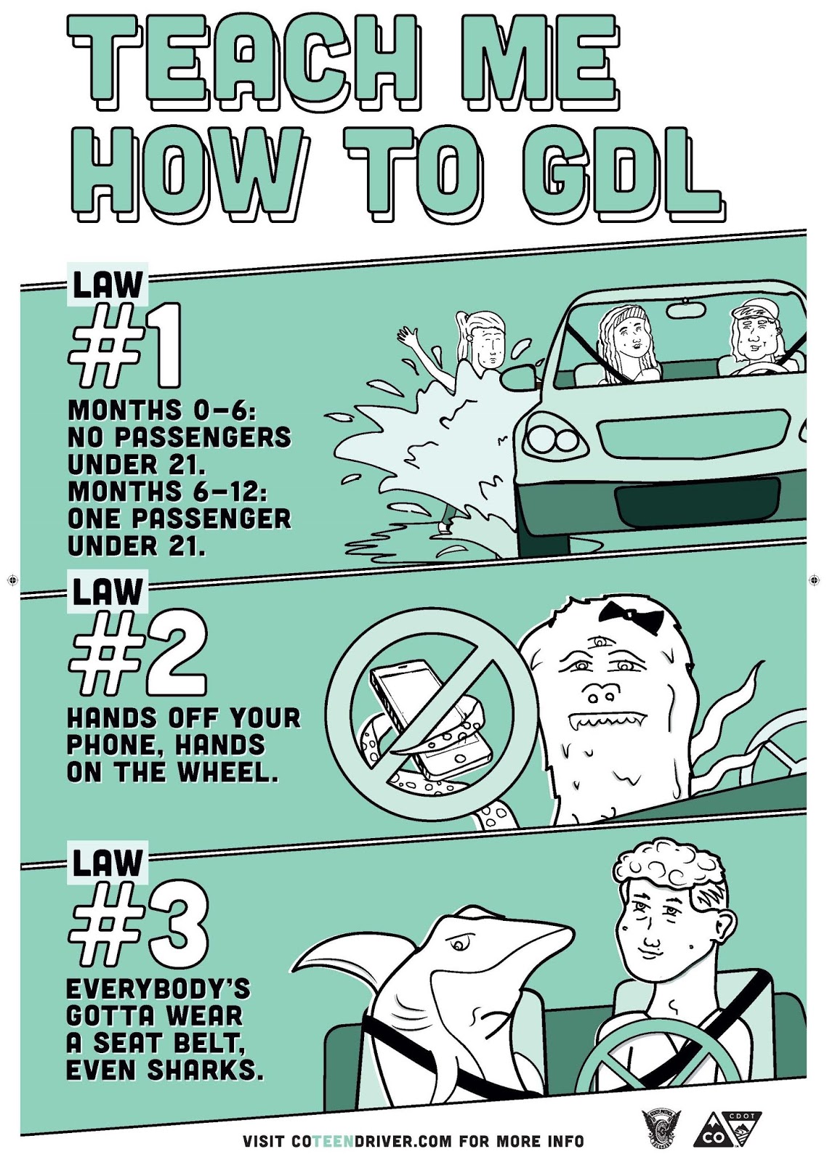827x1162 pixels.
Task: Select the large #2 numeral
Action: click(x=138, y=654)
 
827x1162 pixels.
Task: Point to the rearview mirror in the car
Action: click(x=686, y=309)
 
